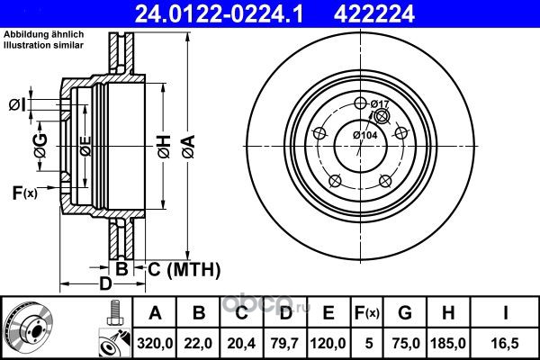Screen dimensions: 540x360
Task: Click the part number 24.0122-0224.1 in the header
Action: tap(219, 13)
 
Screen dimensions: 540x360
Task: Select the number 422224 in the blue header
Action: tap(374, 13)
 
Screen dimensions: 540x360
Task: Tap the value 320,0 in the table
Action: tap(155, 343)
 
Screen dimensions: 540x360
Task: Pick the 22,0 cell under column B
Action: tap(198, 343)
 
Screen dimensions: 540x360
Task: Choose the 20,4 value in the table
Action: tap(241, 343)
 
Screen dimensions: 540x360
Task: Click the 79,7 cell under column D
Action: tap(284, 343)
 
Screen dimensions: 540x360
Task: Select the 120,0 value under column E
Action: tap(328, 343)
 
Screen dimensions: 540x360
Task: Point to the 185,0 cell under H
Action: tap(448, 343)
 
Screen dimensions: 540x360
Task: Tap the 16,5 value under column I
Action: tap(506, 343)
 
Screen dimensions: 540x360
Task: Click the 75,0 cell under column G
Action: tap(405, 343)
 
